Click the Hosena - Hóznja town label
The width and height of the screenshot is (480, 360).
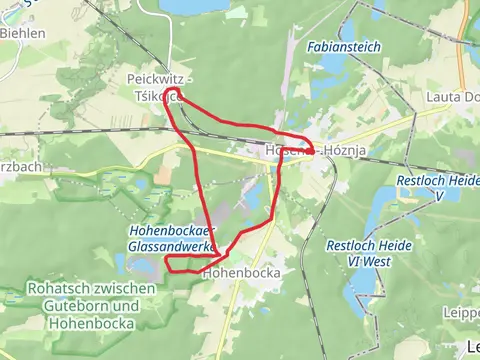(x=305, y=151)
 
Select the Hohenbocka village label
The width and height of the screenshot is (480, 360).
(x=239, y=271)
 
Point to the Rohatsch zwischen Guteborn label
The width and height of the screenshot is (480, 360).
(x=80, y=298)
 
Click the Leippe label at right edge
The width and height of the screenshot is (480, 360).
(x=461, y=282)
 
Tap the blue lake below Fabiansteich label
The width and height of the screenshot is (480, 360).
(x=334, y=67)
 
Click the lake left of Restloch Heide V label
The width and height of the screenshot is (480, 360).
(x=379, y=210)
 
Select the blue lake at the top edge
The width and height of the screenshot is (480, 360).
(x=195, y=6)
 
